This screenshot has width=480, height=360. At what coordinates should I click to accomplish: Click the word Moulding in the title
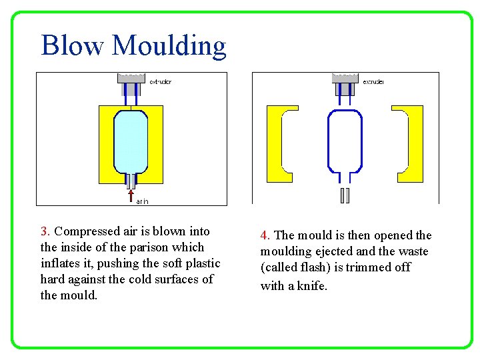point(169,47)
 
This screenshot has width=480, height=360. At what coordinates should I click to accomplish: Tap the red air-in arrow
point(131,195)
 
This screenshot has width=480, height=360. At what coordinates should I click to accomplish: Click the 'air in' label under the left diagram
point(142,200)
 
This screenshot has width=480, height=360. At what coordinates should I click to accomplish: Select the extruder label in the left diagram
point(160,82)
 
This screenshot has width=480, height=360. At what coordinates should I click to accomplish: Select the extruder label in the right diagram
point(373,82)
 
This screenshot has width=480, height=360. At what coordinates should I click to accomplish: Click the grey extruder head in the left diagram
point(131,78)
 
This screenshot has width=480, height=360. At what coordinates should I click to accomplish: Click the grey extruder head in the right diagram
point(345,78)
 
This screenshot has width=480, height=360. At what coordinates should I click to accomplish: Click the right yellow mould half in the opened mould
point(415,143)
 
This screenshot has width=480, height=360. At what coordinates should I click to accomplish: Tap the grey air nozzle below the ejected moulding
point(345,195)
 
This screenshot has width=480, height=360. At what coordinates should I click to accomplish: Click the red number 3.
point(45,231)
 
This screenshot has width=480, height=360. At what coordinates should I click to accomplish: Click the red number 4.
point(265,235)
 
